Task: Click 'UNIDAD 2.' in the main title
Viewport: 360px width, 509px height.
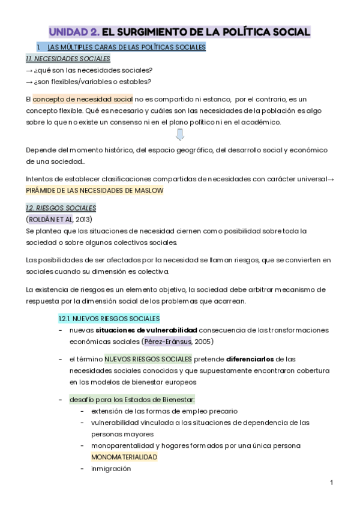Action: (73, 32)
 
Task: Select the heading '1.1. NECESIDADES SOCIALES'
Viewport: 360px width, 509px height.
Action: (68, 59)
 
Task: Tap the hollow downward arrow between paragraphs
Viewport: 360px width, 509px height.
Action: (179, 134)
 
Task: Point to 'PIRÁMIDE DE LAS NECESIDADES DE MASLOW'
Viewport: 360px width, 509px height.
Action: (94, 190)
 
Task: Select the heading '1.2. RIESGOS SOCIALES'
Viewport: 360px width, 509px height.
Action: (61, 208)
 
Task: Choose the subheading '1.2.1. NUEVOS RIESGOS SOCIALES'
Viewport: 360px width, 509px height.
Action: (109, 318)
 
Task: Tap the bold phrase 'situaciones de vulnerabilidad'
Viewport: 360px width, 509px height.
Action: (146, 330)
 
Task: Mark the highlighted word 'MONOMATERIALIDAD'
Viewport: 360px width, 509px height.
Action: (124, 457)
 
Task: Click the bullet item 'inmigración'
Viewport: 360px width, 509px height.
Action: (111, 469)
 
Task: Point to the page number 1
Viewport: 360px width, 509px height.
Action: (331, 483)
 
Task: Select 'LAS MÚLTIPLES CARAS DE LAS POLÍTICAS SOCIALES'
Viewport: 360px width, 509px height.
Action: (126, 47)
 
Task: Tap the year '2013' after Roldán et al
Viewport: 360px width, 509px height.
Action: (84, 219)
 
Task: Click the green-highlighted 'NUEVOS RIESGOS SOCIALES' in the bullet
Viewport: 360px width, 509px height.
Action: (148, 359)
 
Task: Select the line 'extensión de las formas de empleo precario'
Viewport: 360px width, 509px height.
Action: (164, 411)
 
